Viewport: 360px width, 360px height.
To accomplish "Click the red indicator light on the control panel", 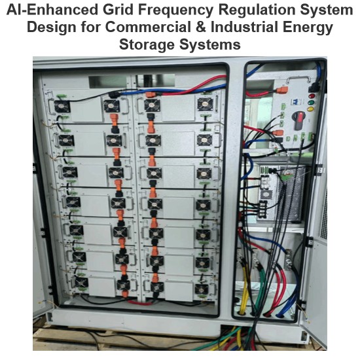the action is (x=312, y=96).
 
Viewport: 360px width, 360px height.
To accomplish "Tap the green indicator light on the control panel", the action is (x=311, y=102).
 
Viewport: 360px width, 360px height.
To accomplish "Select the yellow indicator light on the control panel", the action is (x=310, y=109).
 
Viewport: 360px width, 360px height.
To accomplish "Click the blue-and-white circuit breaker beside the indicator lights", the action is (x=294, y=101).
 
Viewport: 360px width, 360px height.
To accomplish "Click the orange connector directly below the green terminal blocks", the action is (x=278, y=133).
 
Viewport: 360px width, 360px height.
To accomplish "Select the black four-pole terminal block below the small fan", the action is (x=263, y=209).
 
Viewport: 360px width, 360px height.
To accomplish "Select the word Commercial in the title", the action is (x=149, y=27).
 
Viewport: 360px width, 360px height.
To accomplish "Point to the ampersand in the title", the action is (x=201, y=27).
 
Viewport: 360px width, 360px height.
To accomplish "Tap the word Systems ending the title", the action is (x=210, y=45).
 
